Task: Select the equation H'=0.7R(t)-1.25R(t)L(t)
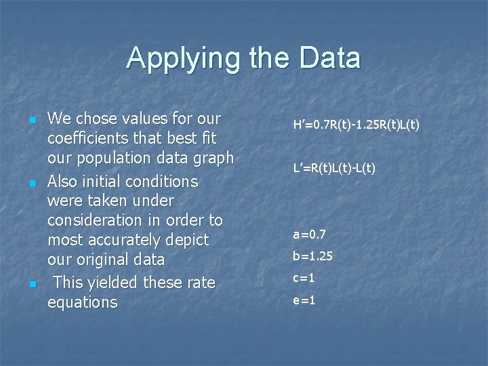pos(356,125)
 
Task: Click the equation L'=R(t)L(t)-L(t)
pos(333,167)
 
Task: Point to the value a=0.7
pos(309,235)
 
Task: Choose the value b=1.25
pos(312,257)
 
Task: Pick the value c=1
pos(304,279)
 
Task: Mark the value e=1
pos(304,300)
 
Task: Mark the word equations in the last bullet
pos(82,302)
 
